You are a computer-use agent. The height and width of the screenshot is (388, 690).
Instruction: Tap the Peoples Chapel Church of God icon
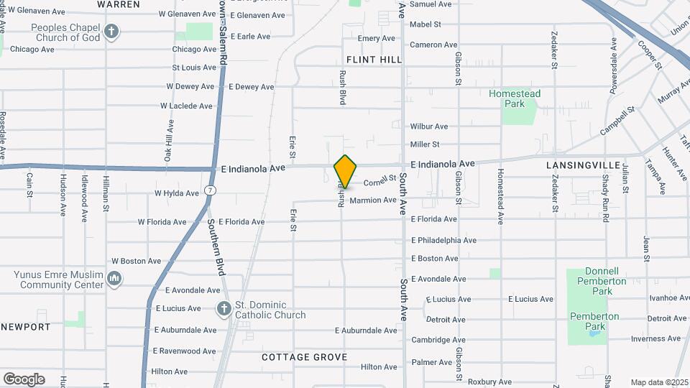pyautogui.click(x=111, y=31)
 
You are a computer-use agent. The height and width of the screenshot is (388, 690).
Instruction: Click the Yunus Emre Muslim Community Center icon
pyautogui.click(x=114, y=279)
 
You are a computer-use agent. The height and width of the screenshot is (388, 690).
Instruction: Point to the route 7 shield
pyautogui.click(x=209, y=190)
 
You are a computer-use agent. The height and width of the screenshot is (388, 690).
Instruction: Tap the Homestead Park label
pyautogui.click(x=515, y=98)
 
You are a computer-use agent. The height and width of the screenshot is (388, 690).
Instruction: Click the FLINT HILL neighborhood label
pyautogui.click(x=374, y=60)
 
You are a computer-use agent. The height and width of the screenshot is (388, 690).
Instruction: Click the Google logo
pyautogui.click(x=24, y=379)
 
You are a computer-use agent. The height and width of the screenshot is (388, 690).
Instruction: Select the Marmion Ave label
pyautogui.click(x=372, y=200)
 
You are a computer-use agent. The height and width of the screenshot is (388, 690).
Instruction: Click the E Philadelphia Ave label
pyautogui.click(x=443, y=240)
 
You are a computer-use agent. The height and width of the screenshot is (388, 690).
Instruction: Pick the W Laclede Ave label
pyautogui.click(x=186, y=106)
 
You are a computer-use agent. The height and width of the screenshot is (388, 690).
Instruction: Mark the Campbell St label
pyautogui.click(x=618, y=120)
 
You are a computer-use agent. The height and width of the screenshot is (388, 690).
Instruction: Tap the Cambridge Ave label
pyautogui.click(x=438, y=340)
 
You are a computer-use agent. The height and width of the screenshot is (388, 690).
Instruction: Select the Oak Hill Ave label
pyautogui.click(x=168, y=141)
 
